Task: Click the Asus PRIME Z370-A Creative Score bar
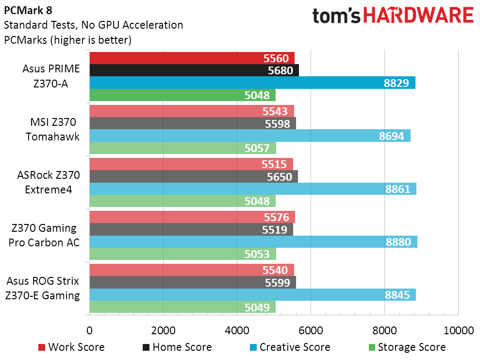[x=252, y=83]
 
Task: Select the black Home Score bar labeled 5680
[x=194, y=70]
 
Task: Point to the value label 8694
[x=394, y=136]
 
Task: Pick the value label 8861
[x=400, y=189]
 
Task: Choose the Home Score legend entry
[x=177, y=347]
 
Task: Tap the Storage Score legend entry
[x=407, y=347]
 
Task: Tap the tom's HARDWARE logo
[x=393, y=16]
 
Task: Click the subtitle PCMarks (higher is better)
[x=68, y=40]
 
